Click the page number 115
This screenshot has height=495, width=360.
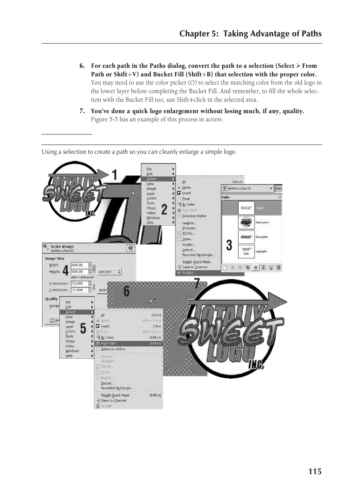tap(315, 472)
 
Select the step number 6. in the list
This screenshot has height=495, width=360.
tap(82, 66)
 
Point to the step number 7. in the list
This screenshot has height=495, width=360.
tap(82, 111)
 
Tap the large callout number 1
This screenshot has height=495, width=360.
tap(114, 175)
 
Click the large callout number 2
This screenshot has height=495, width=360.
tap(164, 209)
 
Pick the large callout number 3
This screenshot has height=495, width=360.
tap(229, 245)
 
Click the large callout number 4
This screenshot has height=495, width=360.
tap(65, 269)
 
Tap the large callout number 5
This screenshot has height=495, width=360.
tap(83, 329)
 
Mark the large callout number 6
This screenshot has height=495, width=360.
tap(127, 291)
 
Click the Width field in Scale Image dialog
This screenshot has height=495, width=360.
tap(79, 265)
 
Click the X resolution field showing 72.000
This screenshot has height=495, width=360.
tap(79, 283)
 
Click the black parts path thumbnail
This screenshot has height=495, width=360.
tap(246, 222)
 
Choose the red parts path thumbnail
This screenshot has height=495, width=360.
tap(246, 251)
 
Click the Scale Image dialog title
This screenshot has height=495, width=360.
tap(62, 247)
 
